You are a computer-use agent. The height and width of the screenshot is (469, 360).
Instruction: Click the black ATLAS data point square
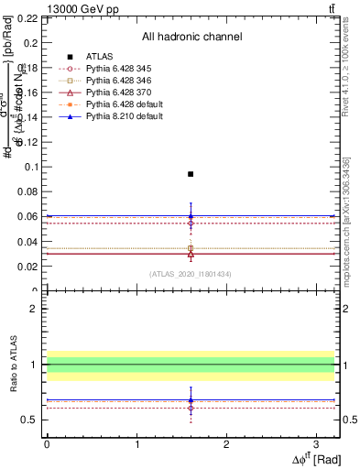191,173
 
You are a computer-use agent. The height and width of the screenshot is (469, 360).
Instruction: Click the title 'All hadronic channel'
191,37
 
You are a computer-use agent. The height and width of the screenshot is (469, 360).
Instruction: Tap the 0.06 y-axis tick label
27,216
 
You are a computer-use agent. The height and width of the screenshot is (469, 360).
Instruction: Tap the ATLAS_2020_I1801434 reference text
191,274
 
